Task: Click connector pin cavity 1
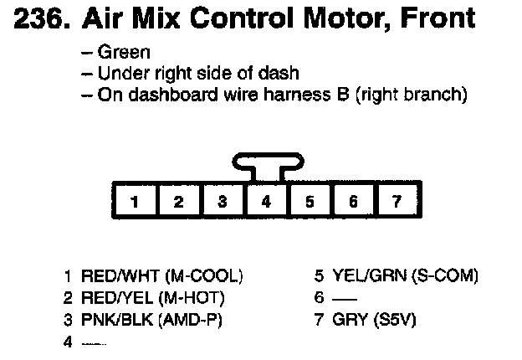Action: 135,201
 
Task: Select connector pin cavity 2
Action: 178,201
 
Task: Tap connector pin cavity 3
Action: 222,201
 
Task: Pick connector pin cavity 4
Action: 266,201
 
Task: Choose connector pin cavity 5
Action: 310,201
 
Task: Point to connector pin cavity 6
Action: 353,201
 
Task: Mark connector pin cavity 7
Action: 397,201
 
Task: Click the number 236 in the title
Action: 41,18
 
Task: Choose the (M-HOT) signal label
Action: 195,298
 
